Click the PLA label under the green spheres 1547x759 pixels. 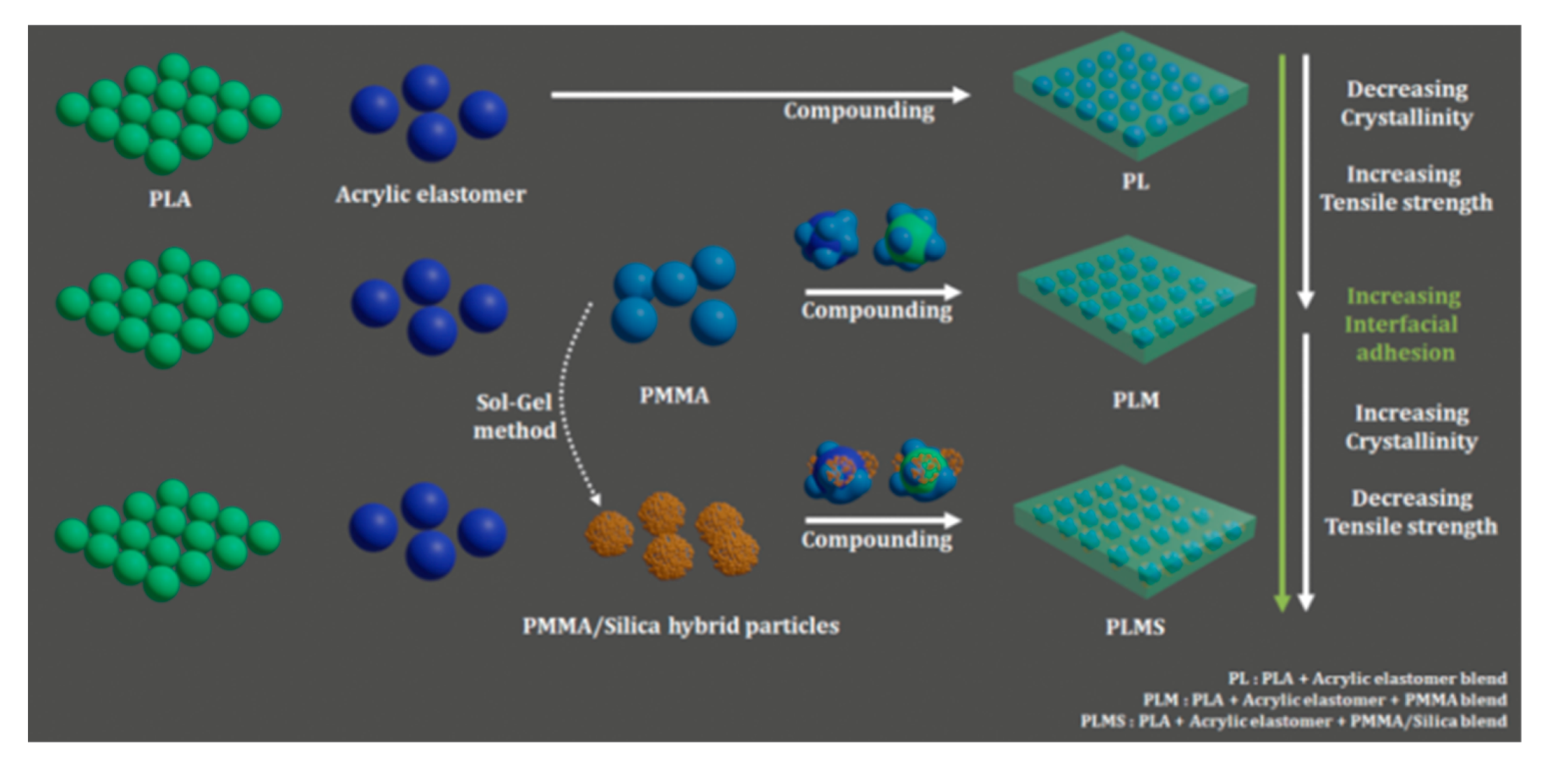click(x=170, y=199)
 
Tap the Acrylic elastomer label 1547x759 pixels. click(x=431, y=194)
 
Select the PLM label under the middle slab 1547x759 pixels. click(x=1133, y=400)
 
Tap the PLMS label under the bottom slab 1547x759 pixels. click(x=1133, y=628)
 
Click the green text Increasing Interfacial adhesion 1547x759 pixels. click(x=1403, y=324)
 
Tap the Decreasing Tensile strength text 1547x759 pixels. click(x=1410, y=511)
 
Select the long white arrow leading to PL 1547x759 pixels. click(x=760, y=95)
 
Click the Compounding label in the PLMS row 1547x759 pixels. click(x=876, y=540)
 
